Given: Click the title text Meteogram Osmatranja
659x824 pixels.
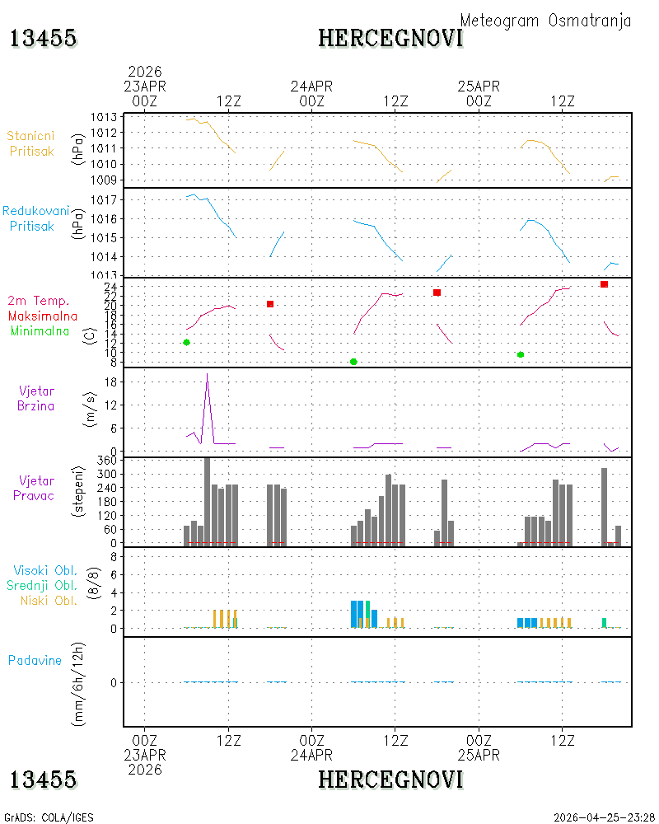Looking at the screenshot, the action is click(x=545, y=21).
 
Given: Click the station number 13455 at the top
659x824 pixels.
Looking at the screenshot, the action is click(x=43, y=39).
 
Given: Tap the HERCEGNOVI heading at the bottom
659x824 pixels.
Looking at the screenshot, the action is click(x=390, y=780).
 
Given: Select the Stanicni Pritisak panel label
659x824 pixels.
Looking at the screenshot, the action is click(x=31, y=143).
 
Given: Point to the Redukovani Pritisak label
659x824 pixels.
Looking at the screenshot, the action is click(x=35, y=218).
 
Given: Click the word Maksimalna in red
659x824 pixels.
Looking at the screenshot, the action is click(x=43, y=316).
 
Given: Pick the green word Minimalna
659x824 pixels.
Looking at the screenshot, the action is click(x=40, y=331).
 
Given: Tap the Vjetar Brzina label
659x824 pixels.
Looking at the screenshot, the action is click(x=35, y=398).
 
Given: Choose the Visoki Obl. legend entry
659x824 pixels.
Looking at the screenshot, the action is click(x=45, y=571).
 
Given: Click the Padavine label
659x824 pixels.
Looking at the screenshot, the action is click(x=35, y=661).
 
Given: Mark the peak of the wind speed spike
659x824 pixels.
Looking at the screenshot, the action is click(x=207, y=373).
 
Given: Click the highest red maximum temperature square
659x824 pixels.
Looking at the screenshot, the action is click(x=604, y=284).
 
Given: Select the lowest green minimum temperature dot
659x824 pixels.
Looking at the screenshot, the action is click(x=353, y=362).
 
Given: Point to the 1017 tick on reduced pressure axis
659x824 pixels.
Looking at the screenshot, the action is click(x=103, y=200).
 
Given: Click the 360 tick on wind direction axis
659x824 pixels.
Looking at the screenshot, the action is click(x=107, y=461).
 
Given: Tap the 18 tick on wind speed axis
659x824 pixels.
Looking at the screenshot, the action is click(x=111, y=382).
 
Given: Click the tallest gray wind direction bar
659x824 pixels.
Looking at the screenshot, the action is click(x=207, y=502).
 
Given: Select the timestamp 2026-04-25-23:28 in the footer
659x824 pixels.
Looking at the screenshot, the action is click(x=604, y=817).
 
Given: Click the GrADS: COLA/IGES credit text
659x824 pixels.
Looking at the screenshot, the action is click(x=49, y=817).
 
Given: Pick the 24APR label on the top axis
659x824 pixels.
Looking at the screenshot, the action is click(x=311, y=87).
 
